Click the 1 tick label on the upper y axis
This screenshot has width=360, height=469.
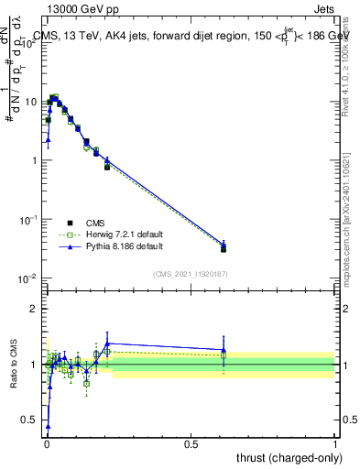click(33, 160)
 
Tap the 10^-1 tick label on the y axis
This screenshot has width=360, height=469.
click(28, 219)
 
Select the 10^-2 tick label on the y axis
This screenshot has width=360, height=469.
click(28, 278)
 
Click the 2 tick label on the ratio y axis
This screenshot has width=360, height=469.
click(33, 309)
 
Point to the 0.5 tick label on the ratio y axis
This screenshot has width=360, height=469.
click(29, 420)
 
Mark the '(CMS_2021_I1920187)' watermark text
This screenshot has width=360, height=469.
click(190, 273)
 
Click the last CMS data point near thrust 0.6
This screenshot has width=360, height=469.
click(224, 248)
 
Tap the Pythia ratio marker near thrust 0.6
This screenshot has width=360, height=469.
click(224, 349)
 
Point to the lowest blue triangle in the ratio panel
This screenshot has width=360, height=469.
click(48, 426)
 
